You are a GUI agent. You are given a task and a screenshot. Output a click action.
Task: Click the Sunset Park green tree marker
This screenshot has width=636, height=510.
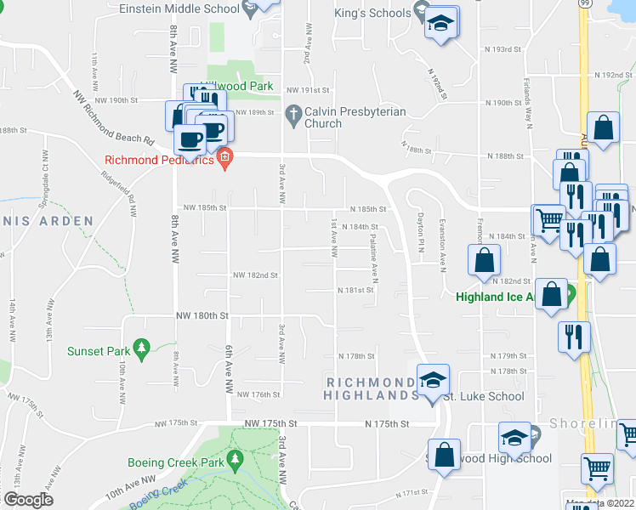[142, 348]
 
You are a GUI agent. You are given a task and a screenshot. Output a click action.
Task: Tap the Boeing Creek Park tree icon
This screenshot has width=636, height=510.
[236, 460]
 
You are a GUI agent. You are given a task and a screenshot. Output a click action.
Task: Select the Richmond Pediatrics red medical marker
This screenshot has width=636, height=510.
[225, 158]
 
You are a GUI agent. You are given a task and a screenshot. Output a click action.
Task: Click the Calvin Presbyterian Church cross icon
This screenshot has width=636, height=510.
[292, 113]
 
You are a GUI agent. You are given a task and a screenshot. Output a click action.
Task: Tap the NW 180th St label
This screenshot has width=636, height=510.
[202, 315]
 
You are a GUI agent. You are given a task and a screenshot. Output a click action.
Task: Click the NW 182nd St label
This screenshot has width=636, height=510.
[256, 275]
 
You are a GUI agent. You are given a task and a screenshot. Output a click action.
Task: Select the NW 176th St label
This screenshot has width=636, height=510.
[258, 394]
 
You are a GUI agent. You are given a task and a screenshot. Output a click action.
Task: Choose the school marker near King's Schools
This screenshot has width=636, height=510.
[441, 23]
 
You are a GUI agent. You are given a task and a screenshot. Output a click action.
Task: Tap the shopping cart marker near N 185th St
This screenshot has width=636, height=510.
[548, 219]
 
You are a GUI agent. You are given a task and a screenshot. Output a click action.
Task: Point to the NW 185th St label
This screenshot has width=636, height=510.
[204, 207]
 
